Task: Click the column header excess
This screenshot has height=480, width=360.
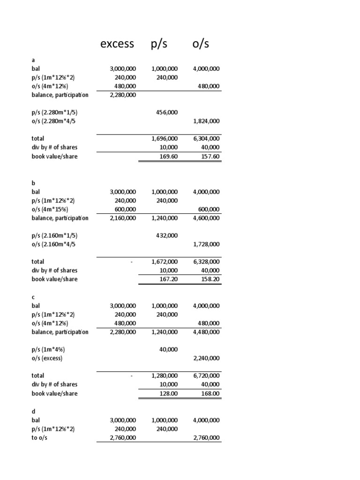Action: pos(117,44)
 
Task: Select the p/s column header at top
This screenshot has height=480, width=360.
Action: pos(159,44)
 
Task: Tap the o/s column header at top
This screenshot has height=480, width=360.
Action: pos(201,44)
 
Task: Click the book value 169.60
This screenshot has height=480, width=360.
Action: pos(168,157)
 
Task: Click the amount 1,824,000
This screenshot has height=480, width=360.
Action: pos(206,121)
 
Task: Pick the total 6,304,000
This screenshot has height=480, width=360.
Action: pos(206,139)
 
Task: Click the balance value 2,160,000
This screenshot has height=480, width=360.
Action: pos(123,218)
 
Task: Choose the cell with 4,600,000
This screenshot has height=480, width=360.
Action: pos(206,218)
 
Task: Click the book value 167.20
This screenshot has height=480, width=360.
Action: pos(168,279)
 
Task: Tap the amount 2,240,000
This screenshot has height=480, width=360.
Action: pos(206,359)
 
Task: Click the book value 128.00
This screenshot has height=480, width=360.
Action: pos(168,394)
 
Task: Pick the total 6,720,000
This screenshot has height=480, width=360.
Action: pos(206,376)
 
